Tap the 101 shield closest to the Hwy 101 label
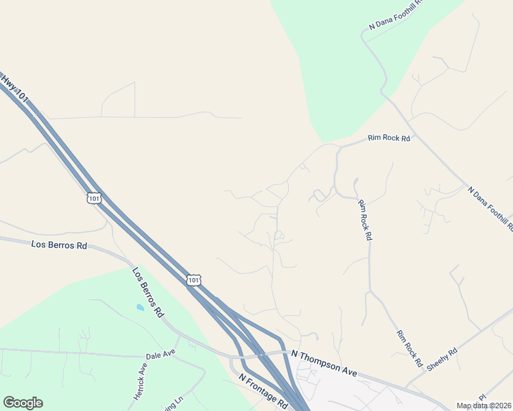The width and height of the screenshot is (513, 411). pyautogui.click(x=95, y=198)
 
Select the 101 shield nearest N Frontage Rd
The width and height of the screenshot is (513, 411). pyautogui.click(x=195, y=279)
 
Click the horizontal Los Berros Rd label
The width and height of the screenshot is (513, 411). pyautogui.click(x=60, y=245)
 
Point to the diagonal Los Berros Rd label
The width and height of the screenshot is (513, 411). pyautogui.click(x=148, y=292)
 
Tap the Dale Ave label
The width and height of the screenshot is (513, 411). pyautogui.click(x=160, y=355)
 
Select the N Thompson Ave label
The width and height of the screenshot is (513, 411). pyautogui.click(x=324, y=363)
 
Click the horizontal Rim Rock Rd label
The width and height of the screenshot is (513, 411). pyautogui.click(x=389, y=138)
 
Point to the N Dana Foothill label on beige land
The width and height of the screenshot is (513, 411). pyautogui.click(x=490, y=208)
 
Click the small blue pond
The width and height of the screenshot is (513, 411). pyautogui.click(x=140, y=308)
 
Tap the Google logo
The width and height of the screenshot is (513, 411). pyautogui.click(x=23, y=403)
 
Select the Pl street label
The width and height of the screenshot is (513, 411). pyautogui.click(x=482, y=397)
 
